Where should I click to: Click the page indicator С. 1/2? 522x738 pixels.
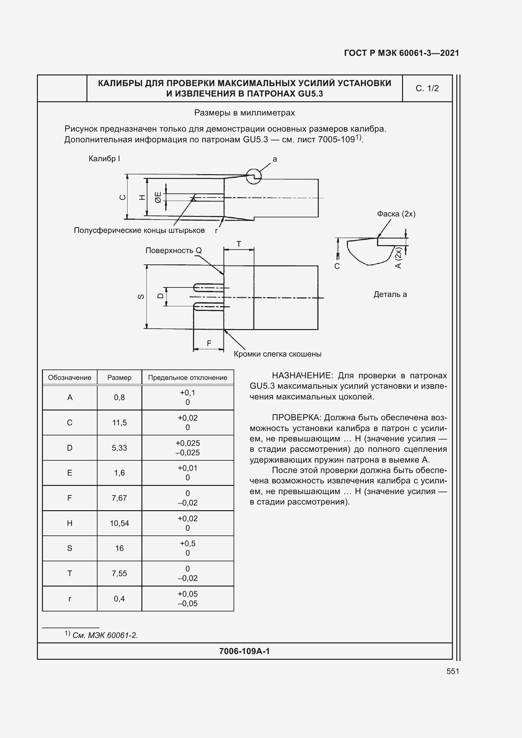click(x=427, y=88)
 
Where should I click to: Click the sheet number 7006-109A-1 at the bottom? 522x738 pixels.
click(x=244, y=651)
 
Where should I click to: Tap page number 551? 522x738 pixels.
click(x=453, y=671)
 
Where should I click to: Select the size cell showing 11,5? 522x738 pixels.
click(x=119, y=423)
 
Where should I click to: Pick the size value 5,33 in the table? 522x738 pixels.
click(x=119, y=448)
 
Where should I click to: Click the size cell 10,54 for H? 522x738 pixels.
click(x=119, y=523)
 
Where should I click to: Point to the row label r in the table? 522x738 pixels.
click(x=69, y=599)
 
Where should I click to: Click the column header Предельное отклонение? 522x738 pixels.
click(x=187, y=378)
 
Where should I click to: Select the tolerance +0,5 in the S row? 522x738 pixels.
click(x=187, y=544)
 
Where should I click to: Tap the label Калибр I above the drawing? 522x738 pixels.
click(x=104, y=159)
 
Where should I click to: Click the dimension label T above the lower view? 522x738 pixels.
click(x=239, y=244)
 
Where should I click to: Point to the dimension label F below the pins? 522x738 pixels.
click(x=209, y=344)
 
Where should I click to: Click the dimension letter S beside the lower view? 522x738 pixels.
click(x=141, y=297)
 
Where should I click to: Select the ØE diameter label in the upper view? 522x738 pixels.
click(x=158, y=197)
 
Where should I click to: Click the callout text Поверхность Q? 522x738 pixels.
click(x=174, y=251)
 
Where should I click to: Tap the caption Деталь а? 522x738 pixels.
click(x=390, y=294)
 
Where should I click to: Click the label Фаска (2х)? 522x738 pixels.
click(x=396, y=214)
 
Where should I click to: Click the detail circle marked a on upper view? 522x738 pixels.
click(x=254, y=176)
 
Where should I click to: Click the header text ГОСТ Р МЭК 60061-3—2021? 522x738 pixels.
click(x=401, y=53)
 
